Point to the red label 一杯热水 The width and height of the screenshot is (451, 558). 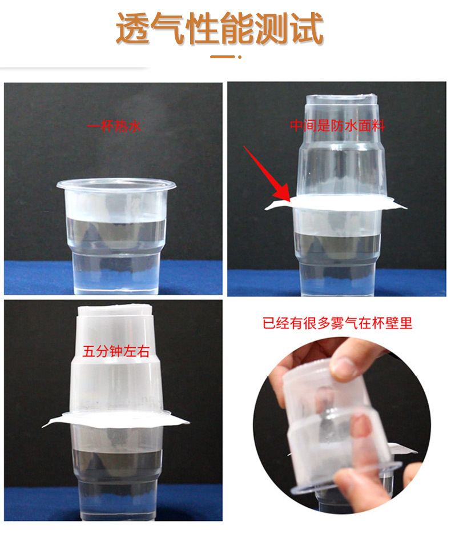pyautogui.click(x=114, y=126)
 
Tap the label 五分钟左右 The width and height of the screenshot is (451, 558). pyautogui.click(x=116, y=352)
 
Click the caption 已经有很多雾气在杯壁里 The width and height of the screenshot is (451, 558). pyautogui.click(x=337, y=324)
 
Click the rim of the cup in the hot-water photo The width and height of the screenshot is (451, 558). pyautogui.click(x=116, y=185)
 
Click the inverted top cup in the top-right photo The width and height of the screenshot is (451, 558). pyautogui.click(x=341, y=154)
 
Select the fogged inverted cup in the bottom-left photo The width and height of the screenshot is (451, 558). pyautogui.click(x=116, y=366)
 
